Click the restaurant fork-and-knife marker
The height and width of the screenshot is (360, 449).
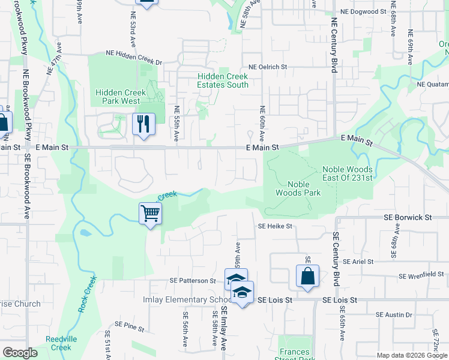coord(143,124)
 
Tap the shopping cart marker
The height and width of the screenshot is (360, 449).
coord(150,213)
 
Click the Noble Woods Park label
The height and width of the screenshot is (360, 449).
coord(298,188)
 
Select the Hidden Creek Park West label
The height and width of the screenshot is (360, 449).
coord(118,97)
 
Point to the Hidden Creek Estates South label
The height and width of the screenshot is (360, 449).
coord(223,80)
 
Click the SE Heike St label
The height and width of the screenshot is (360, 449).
coord(275,226)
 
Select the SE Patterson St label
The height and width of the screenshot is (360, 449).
coord(192,280)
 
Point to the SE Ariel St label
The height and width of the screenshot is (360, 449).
coord(357,262)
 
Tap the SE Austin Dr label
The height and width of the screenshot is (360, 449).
coord(394,314)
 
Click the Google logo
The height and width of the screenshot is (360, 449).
coord(20,352)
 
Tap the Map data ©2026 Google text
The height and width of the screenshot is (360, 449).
coord(411,355)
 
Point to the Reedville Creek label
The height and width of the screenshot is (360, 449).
coord(61,343)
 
